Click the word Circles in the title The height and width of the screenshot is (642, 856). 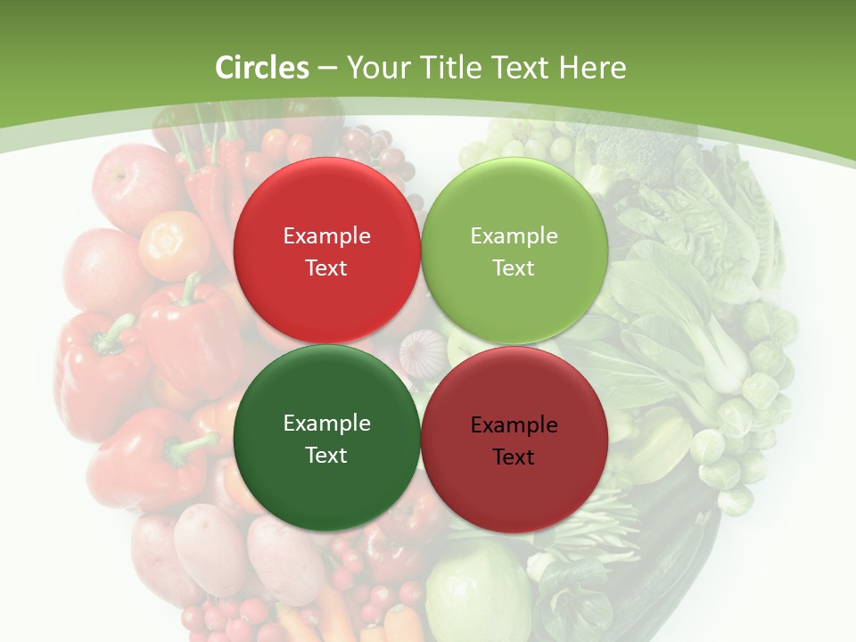coord(262,68)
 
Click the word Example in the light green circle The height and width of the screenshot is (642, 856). coord(514,236)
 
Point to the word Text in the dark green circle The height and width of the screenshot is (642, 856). coord(326,455)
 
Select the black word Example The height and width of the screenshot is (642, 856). coord(514,425)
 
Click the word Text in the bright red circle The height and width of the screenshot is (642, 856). coord(326,267)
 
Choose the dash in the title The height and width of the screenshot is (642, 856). coord(327,68)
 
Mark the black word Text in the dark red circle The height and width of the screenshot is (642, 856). coord(514,457)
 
